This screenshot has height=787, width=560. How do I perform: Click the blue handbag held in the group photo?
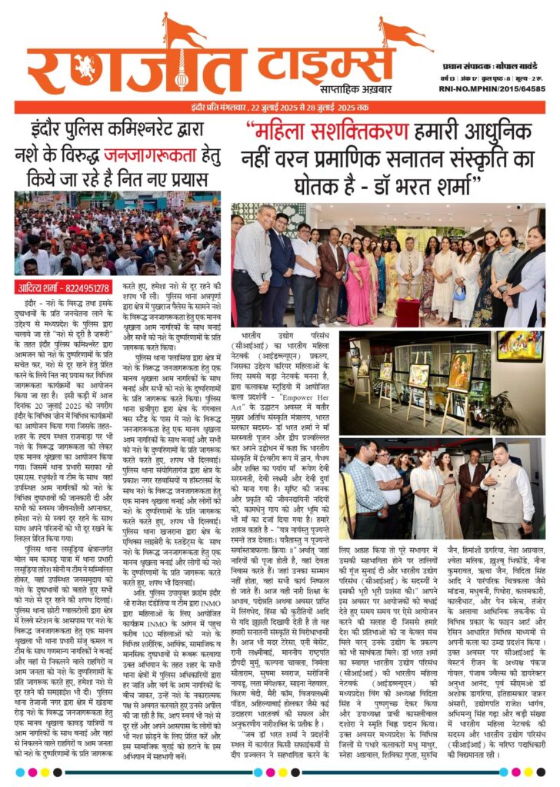(459, 292)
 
